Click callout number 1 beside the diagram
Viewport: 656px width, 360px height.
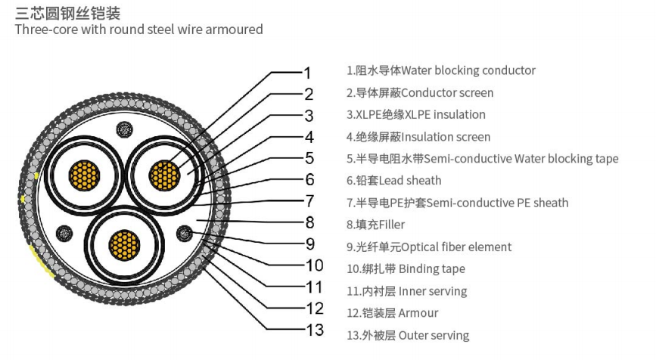click(306, 73)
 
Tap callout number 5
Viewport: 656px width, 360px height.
click(309, 158)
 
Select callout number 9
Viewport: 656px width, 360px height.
click(309, 244)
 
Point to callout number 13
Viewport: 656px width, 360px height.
click(315, 330)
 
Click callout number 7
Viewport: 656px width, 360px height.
click(309, 201)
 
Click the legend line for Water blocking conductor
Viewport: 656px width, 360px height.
click(440, 71)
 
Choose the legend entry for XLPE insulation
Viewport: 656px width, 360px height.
click(415, 115)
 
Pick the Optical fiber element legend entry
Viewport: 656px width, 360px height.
click(428, 247)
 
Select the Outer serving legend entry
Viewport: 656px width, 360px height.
click(407, 335)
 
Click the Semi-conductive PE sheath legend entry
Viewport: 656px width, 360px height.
click(457, 203)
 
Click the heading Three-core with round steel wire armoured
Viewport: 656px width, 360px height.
click(139, 30)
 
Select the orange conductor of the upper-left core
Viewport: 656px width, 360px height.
click(85, 177)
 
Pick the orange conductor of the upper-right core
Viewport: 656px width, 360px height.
click(165, 177)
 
